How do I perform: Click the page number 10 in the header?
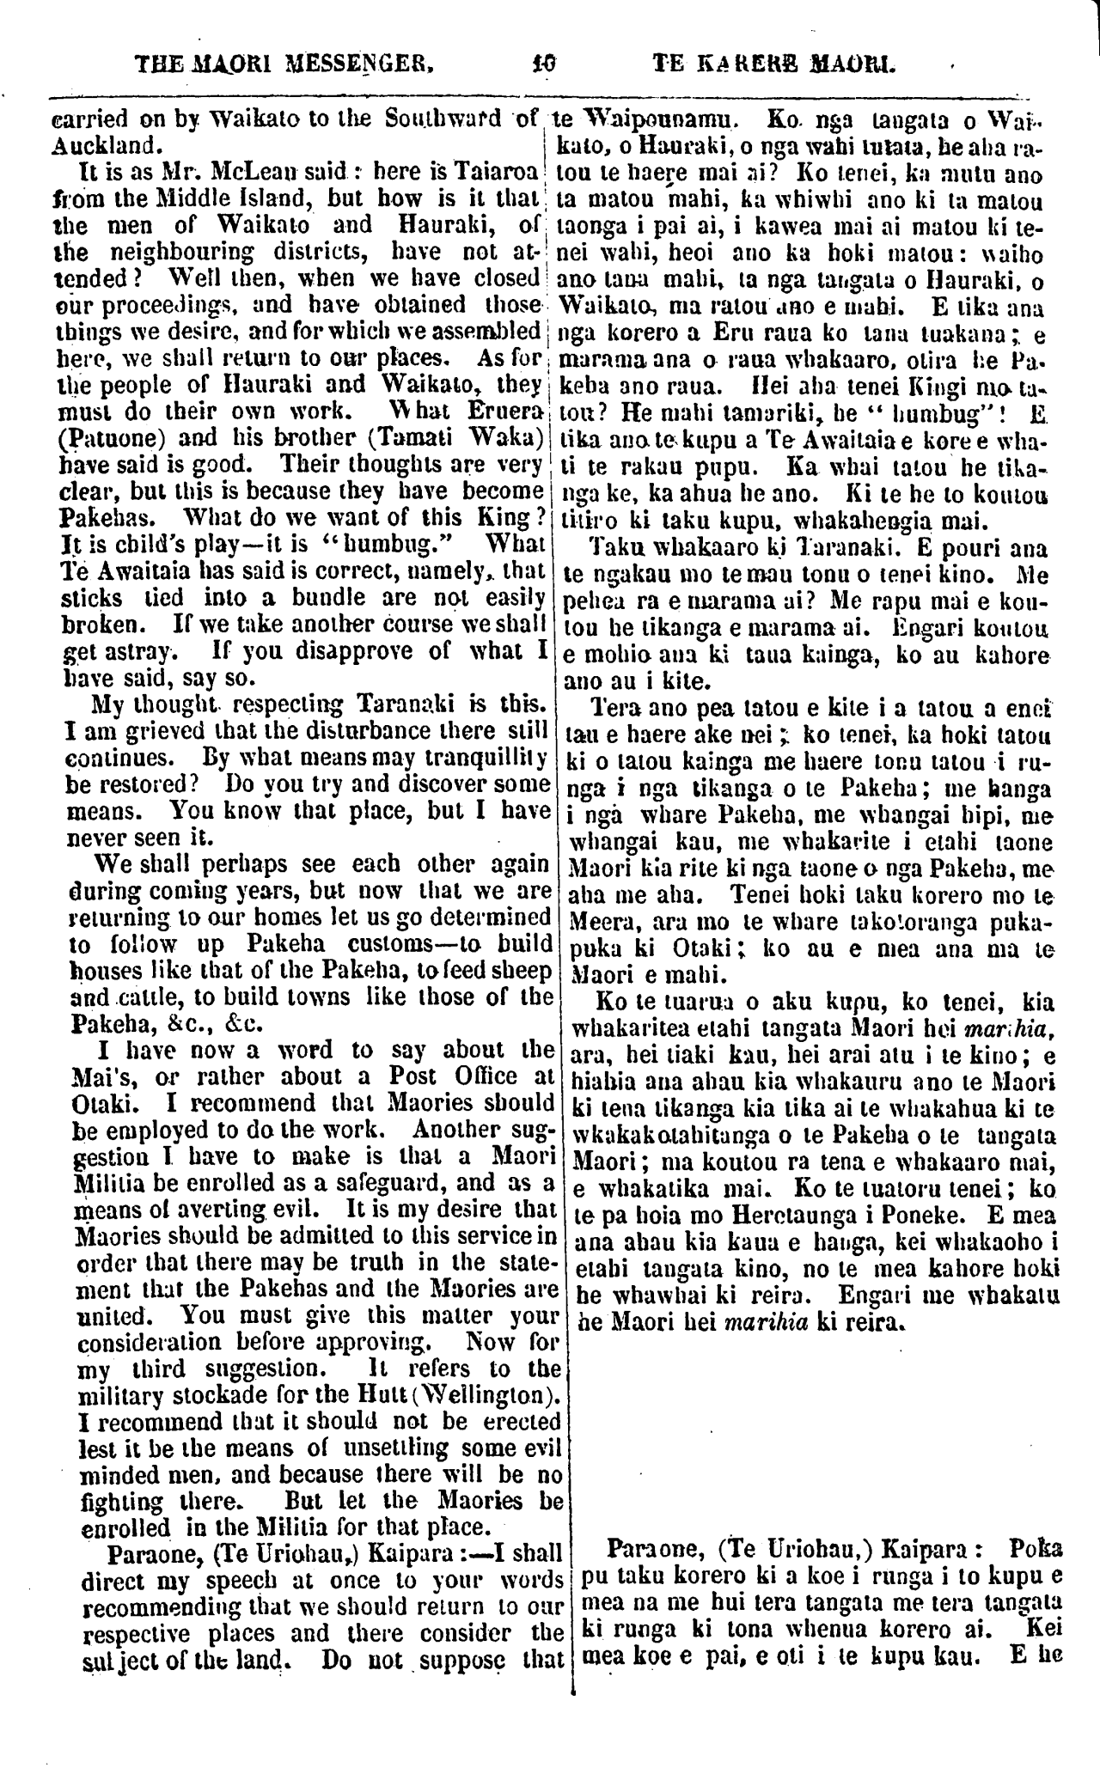point(545,63)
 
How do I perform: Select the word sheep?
point(513,971)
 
